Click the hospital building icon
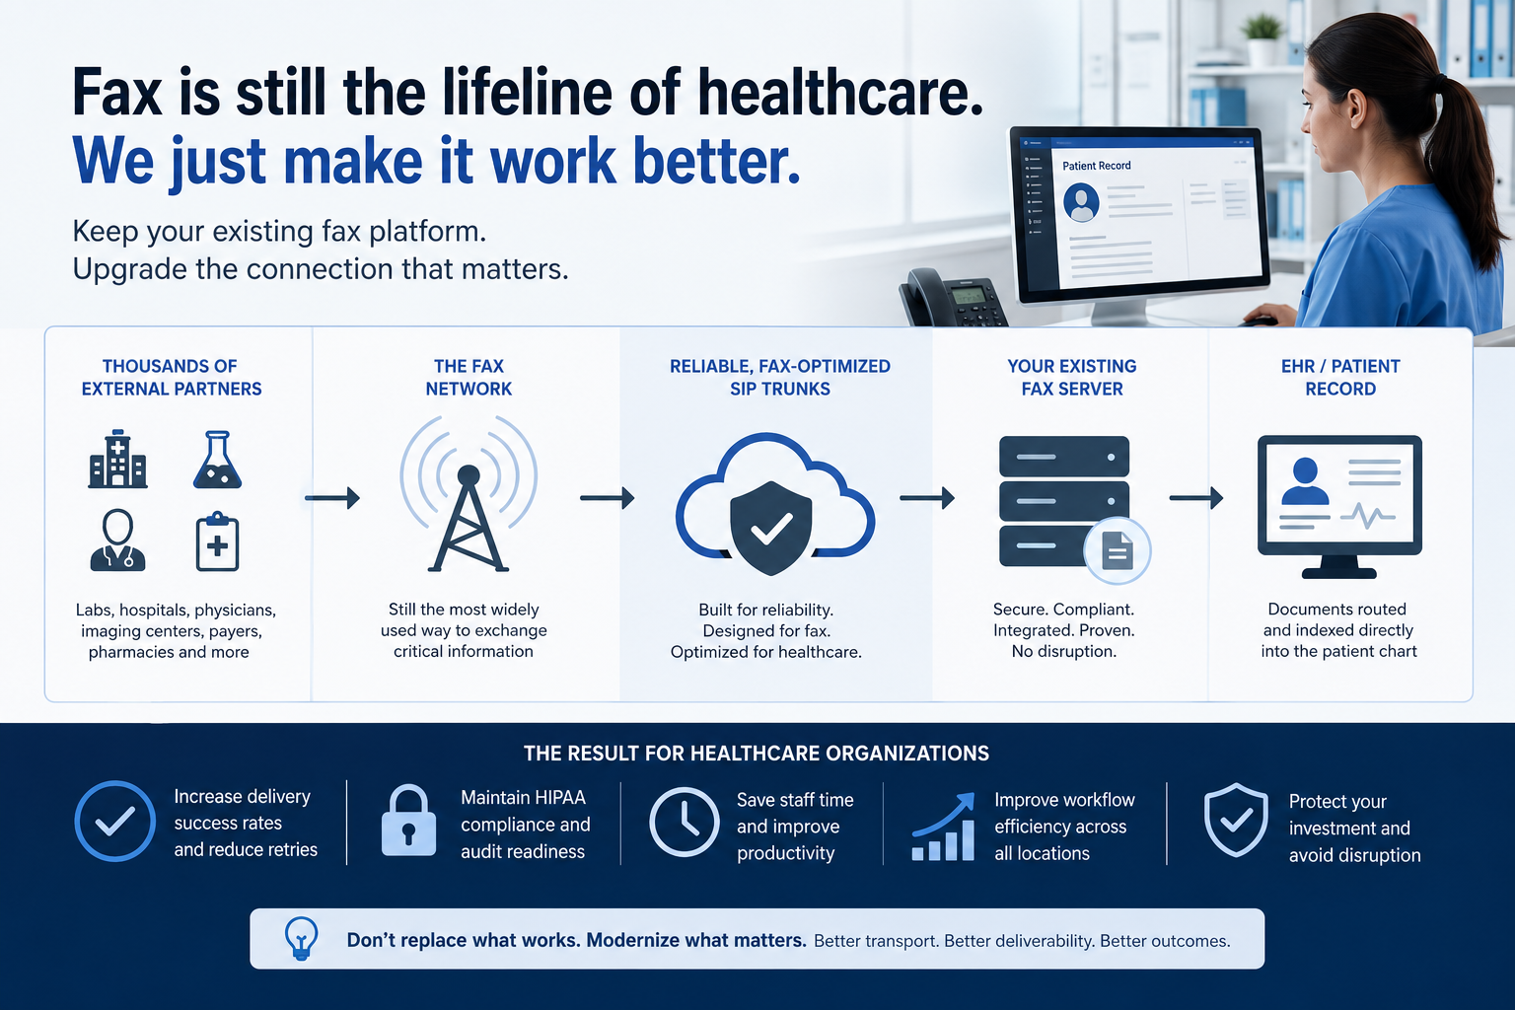click(x=117, y=459)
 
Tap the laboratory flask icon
click(x=217, y=460)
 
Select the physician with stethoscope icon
click(x=117, y=540)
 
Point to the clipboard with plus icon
click(x=217, y=541)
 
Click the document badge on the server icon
click(x=1118, y=550)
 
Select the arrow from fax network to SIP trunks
click(x=608, y=498)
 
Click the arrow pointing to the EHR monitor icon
click(x=1196, y=498)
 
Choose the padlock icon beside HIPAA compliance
click(x=408, y=821)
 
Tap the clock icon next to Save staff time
click(x=684, y=822)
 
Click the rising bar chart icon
click(x=943, y=826)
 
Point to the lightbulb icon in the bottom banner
click(x=301, y=938)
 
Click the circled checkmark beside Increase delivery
click(x=115, y=821)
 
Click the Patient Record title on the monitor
click(x=1097, y=166)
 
